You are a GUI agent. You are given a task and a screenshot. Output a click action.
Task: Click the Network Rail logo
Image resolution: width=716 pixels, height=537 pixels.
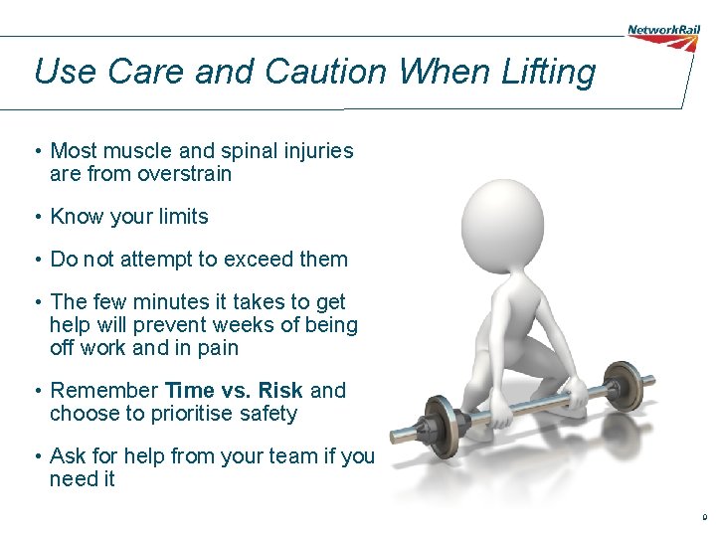click(x=663, y=30)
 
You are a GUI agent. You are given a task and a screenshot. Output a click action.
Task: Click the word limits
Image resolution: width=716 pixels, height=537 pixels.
click(x=180, y=217)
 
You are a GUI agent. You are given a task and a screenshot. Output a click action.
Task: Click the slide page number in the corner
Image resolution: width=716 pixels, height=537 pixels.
click(x=704, y=518)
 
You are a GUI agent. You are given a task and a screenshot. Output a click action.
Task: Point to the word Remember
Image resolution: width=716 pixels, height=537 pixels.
click(x=104, y=391)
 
